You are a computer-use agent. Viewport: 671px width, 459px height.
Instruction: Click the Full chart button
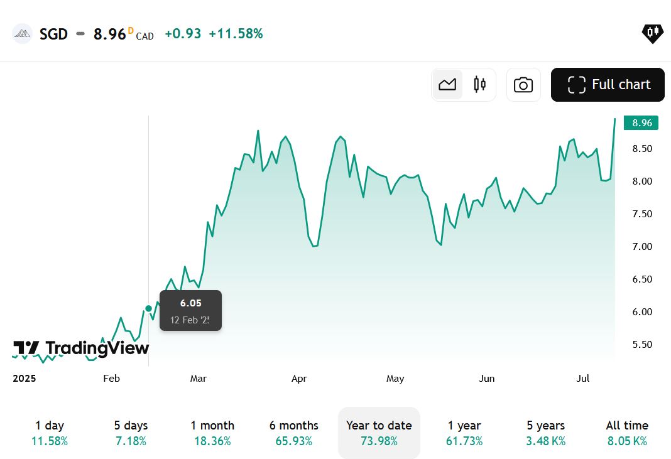(x=608, y=85)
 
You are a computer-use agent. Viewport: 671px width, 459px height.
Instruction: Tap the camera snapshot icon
(x=523, y=85)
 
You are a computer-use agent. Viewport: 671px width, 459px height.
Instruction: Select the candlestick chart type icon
(x=480, y=85)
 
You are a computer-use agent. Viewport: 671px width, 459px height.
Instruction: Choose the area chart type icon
(x=447, y=85)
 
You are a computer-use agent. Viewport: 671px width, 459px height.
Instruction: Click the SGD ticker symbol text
(x=53, y=34)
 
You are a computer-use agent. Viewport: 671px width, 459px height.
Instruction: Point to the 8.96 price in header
(x=110, y=34)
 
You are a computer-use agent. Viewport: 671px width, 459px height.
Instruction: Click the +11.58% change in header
(x=236, y=34)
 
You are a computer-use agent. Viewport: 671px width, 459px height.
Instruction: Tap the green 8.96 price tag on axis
(x=641, y=123)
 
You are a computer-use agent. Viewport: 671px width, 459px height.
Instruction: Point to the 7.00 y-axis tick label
(x=642, y=247)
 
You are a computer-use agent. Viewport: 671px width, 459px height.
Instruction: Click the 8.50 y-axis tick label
(x=642, y=149)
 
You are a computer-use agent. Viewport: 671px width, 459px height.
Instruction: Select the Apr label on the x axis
(x=299, y=379)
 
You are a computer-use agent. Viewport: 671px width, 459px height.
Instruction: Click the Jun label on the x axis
(x=487, y=379)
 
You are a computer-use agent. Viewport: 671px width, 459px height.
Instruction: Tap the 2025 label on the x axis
(x=25, y=379)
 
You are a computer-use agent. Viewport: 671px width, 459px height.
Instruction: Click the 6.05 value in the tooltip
(x=190, y=303)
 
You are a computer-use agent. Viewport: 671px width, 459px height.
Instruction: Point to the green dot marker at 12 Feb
(x=148, y=308)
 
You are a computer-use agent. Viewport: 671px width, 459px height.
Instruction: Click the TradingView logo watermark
(x=81, y=348)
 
